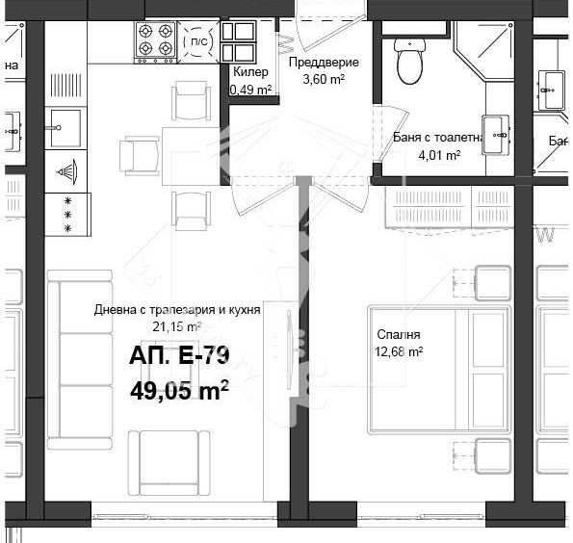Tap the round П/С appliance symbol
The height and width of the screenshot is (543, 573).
pos(196,43)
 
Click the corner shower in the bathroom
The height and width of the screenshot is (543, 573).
pos(487,54)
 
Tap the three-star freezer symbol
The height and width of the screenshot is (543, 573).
pos(67,214)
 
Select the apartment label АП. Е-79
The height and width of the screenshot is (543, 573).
pos(179,357)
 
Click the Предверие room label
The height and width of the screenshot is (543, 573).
pos(324,63)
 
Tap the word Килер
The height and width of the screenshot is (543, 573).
pos(250,72)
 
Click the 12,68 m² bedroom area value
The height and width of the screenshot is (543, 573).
pos(402,351)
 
